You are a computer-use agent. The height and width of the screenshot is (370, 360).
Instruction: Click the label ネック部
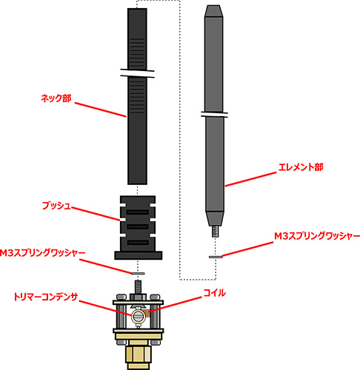pyautogui.click(x=56, y=98)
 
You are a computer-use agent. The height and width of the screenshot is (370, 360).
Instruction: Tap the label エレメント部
pyautogui.click(x=301, y=167)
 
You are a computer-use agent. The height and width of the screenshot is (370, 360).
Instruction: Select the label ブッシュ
pyautogui.click(x=56, y=206)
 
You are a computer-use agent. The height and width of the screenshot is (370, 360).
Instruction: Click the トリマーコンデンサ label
pyautogui.click(x=46, y=297)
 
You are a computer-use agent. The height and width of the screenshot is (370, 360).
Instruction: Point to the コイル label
pyautogui.click(x=214, y=293)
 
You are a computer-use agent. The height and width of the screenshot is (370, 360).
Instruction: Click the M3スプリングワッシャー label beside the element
pyautogui.click(x=317, y=236)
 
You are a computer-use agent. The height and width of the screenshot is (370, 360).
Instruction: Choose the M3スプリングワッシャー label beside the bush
pyautogui.click(x=42, y=253)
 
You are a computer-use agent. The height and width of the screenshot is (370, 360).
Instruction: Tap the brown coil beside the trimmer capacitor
pyautogui.click(x=147, y=313)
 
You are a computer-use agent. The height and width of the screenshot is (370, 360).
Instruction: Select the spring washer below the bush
pyautogui.click(x=138, y=273)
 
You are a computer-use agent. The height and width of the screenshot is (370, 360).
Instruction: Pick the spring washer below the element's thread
pyautogui.click(x=216, y=257)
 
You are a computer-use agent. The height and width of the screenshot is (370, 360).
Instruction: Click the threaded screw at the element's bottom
pyautogui.click(x=216, y=232)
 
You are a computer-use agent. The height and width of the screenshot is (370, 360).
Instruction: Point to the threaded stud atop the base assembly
pyautogui.click(x=138, y=287)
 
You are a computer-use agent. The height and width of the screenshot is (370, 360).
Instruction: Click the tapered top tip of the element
pyautogui.click(x=213, y=11)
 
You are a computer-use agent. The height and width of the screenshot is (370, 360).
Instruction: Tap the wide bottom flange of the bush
pyautogui.click(x=139, y=255)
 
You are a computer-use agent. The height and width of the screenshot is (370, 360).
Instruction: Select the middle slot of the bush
pyautogui.click(x=138, y=227)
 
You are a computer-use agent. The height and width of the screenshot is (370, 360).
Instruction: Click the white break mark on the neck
pyautogui.click(x=137, y=73)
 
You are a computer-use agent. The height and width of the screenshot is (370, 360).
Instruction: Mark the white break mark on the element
pyautogui.click(x=214, y=114)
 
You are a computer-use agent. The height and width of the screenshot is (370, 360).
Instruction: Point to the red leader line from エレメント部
pyautogui.click(x=250, y=179)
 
